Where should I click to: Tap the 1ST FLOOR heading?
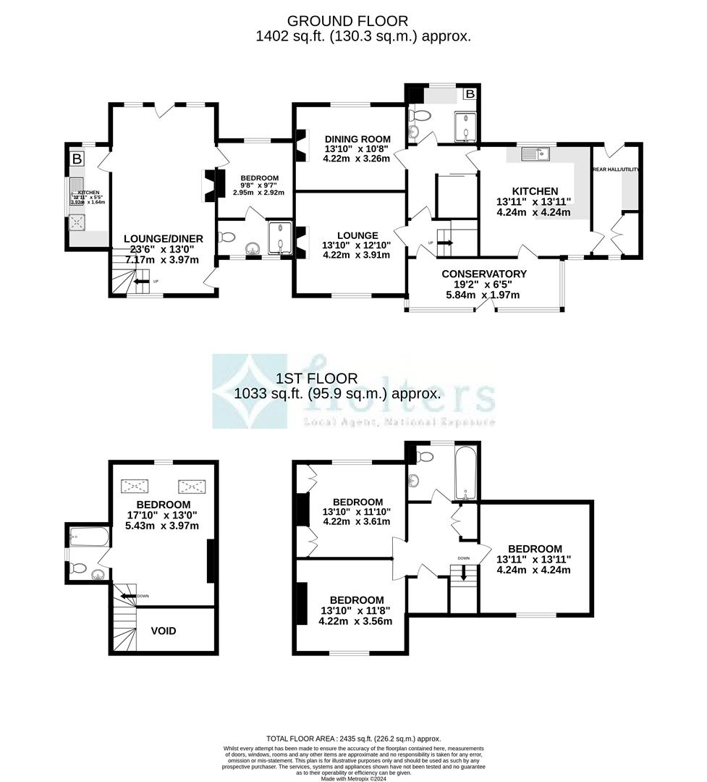[x=316, y=378]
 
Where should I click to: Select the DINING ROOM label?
[x=357, y=139]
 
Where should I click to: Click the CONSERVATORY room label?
[x=484, y=274]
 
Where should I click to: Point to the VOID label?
[x=164, y=631]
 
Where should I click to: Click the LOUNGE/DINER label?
[x=164, y=238]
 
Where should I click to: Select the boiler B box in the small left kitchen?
[x=77, y=159]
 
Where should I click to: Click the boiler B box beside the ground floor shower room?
[x=470, y=94]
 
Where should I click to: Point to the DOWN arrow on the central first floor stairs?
[x=464, y=572]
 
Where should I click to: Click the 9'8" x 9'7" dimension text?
[x=259, y=185]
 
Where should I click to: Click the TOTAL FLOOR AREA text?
[x=353, y=738]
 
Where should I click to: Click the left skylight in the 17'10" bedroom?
[x=135, y=485]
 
